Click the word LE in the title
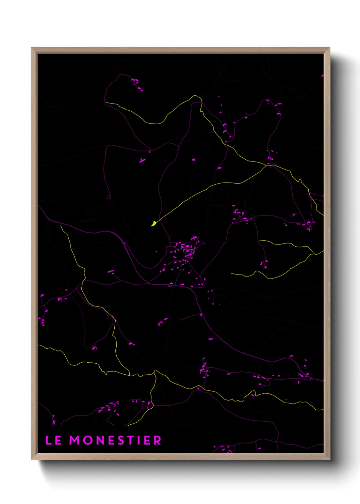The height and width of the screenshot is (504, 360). (53, 440)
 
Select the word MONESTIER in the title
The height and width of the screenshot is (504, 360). (115, 440)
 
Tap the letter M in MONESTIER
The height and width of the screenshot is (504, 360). (75, 440)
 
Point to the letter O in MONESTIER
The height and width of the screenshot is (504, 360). (88, 440)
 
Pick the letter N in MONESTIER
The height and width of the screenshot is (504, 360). (100, 440)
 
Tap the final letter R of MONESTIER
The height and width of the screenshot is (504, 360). (157, 440)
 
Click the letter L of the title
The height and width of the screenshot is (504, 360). (49, 440)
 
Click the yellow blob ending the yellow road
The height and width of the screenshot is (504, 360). (154, 223)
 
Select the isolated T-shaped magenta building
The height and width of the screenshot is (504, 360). (142, 160)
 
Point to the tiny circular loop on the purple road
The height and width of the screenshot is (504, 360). (109, 196)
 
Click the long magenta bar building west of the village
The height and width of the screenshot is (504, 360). (111, 271)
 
